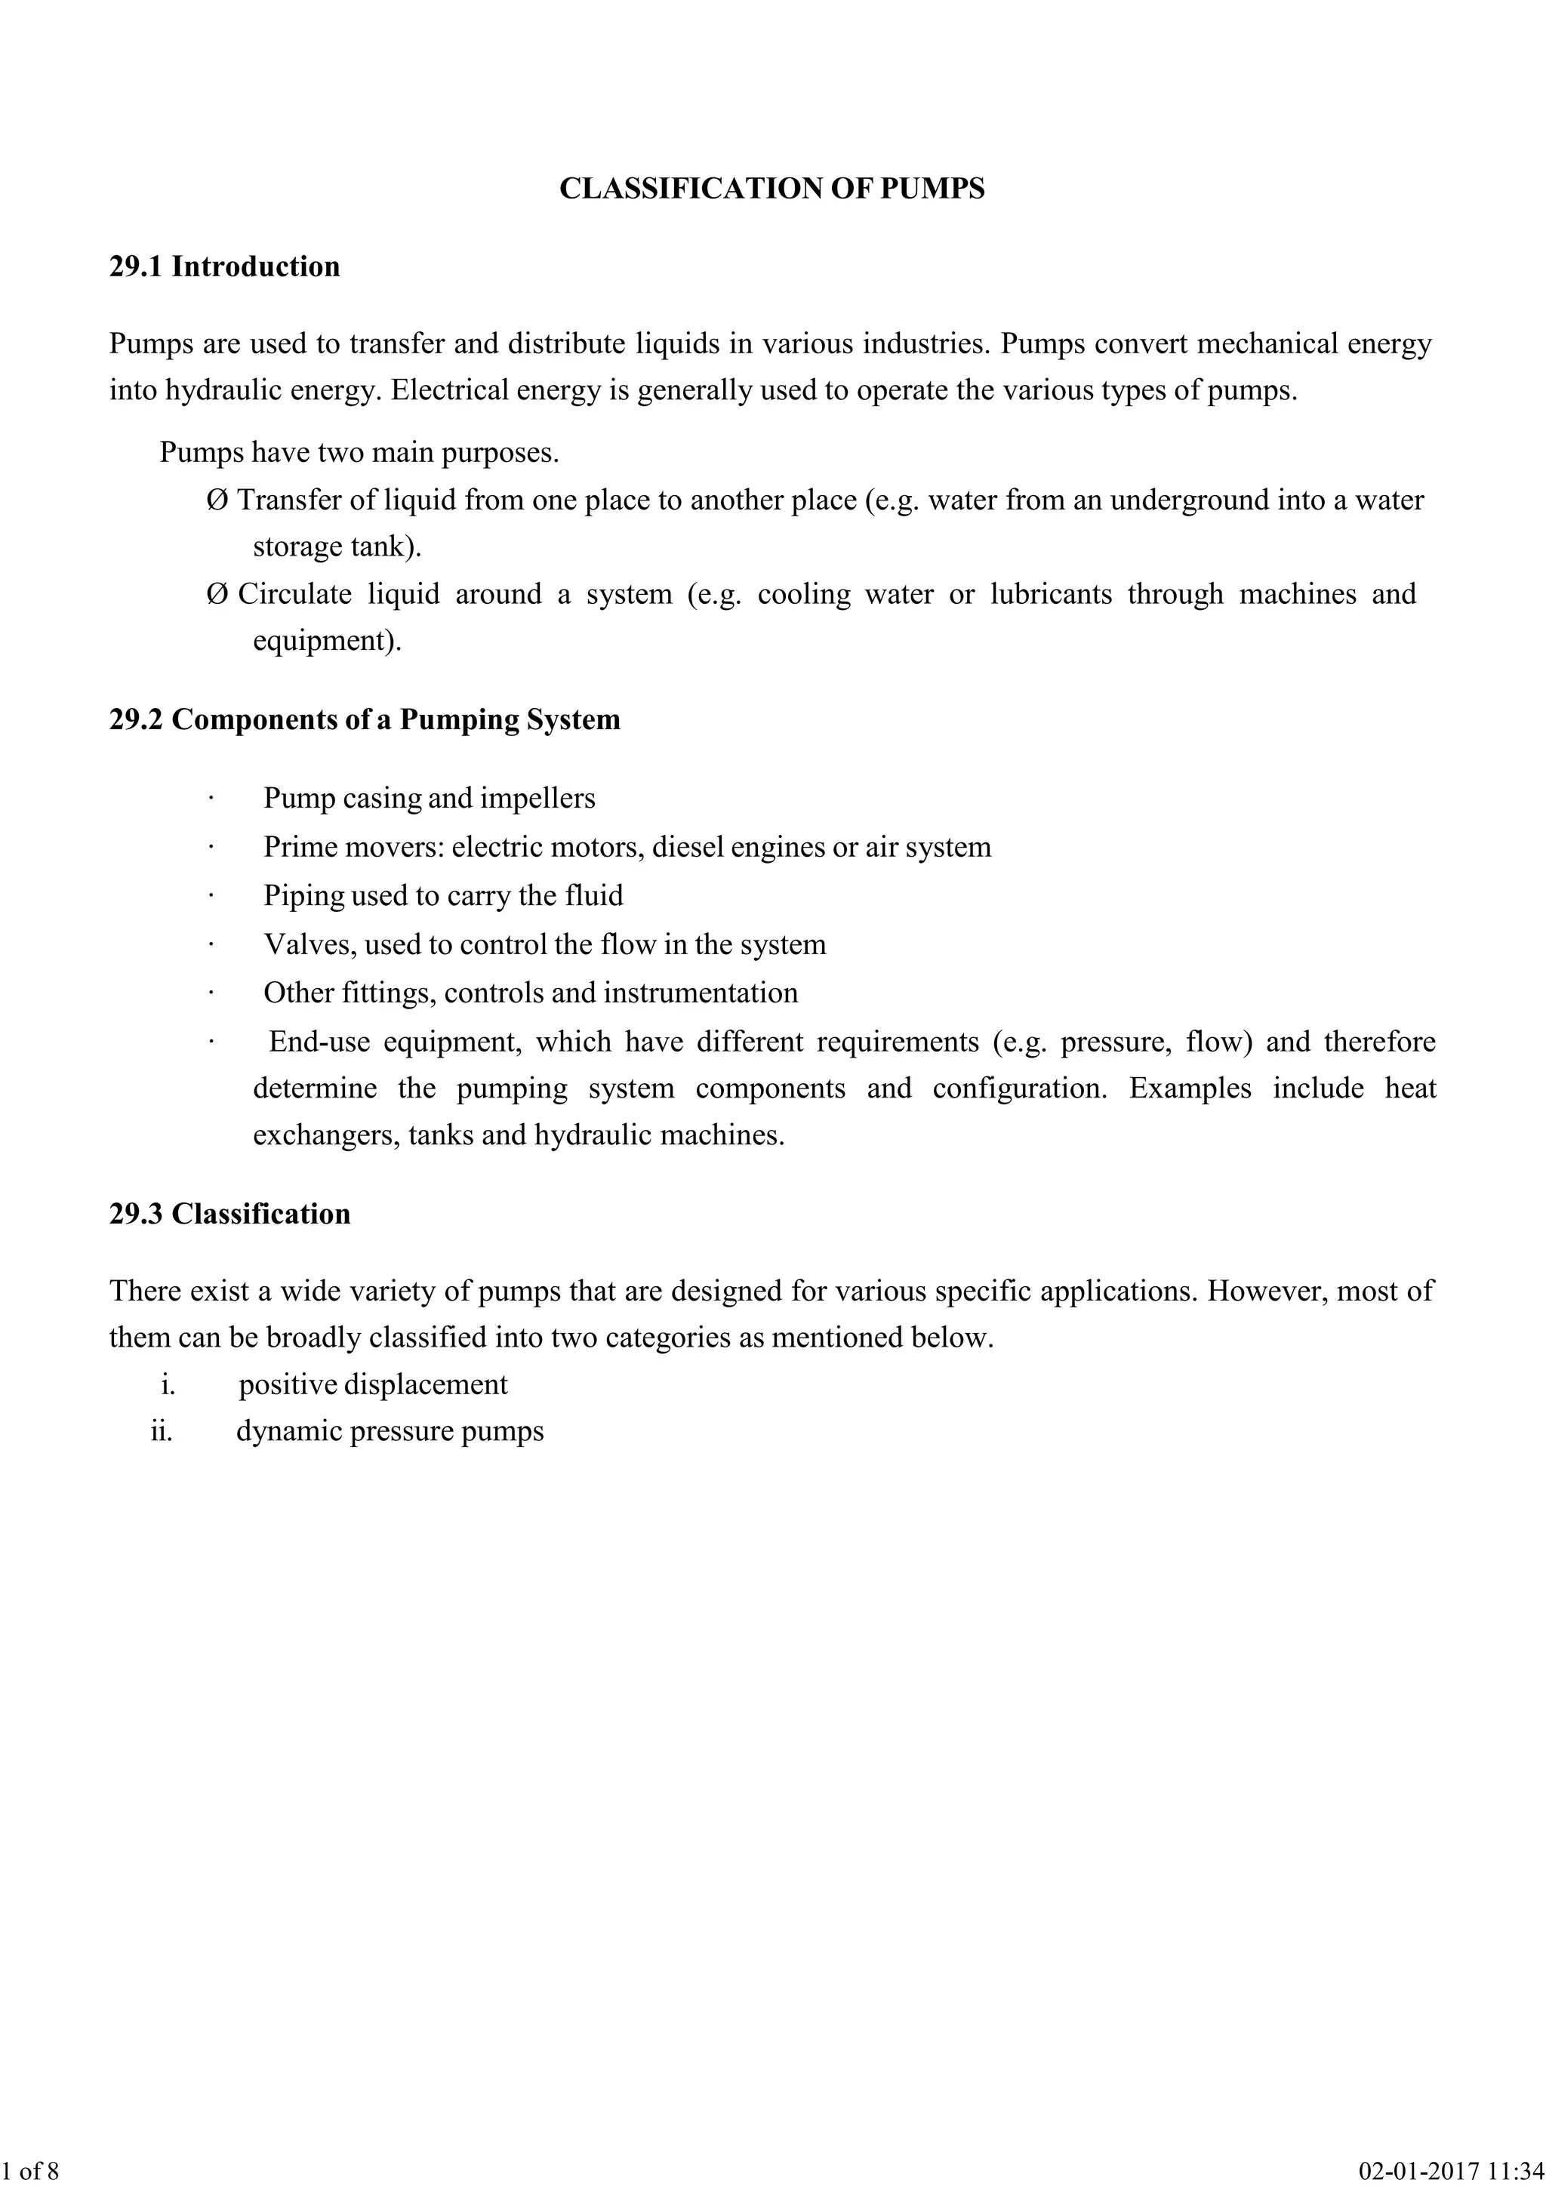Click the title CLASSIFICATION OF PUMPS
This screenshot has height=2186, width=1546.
pyautogui.click(x=772, y=189)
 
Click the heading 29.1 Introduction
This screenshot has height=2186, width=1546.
pyautogui.click(x=225, y=266)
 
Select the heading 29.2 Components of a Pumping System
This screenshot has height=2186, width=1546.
pyautogui.click(x=365, y=720)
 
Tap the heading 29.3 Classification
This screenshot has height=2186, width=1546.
pyautogui.click(x=229, y=1214)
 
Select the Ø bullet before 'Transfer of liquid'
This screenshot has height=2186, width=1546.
pyautogui.click(x=216, y=500)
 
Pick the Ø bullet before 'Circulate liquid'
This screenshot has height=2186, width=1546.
pyautogui.click(x=216, y=594)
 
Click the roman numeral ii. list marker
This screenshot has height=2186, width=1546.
pyautogui.click(x=162, y=1432)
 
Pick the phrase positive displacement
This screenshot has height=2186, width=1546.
pyautogui.click(x=373, y=1384)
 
